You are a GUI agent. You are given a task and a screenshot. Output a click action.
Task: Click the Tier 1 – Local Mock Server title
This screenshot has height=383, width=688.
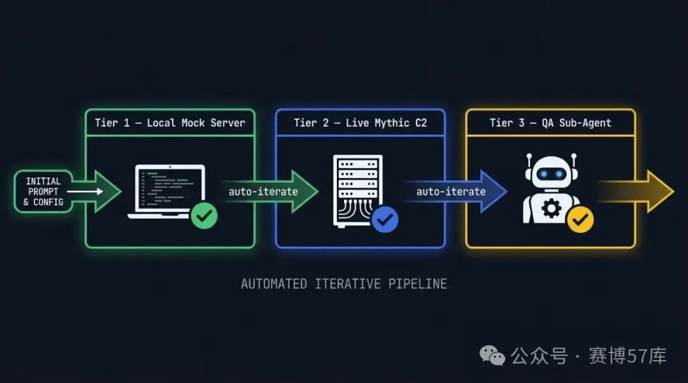tap(170, 123)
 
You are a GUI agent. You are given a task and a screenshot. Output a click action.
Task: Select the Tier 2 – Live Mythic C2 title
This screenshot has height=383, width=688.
tap(360, 123)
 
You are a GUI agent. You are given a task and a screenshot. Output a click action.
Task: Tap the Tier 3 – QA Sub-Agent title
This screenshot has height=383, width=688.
tap(550, 123)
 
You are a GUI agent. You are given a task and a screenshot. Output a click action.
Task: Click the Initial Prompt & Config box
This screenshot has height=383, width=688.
tap(43, 191)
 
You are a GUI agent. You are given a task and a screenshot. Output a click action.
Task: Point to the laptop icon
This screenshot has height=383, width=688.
tap(167, 191)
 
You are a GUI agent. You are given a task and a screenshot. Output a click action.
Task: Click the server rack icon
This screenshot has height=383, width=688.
tap(357, 191)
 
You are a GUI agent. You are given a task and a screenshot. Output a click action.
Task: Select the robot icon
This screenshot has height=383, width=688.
tap(551, 188)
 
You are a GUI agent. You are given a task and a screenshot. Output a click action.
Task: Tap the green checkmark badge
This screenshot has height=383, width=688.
tap(204, 216)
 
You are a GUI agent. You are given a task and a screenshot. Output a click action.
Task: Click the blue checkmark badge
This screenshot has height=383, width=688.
tap(385, 219)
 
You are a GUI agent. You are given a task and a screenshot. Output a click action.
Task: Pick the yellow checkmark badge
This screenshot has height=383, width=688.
tap(580, 219)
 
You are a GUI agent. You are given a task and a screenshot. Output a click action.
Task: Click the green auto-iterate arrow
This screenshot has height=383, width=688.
tap(270, 191)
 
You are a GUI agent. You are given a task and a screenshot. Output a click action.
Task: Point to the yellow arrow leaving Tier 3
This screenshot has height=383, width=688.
tap(636, 191)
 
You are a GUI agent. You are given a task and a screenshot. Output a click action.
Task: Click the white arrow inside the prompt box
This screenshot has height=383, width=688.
tap(85, 191)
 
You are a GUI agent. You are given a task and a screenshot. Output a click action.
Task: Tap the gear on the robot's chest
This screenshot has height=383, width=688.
tap(551, 209)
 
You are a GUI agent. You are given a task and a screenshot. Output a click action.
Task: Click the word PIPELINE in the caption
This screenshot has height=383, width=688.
tap(417, 284)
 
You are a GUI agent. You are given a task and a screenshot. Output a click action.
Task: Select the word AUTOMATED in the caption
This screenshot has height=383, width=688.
tap(274, 284)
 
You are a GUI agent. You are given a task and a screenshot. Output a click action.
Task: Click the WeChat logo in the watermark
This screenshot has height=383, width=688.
tap(492, 355)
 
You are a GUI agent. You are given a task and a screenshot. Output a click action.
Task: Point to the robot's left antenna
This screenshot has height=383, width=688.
tap(529, 161)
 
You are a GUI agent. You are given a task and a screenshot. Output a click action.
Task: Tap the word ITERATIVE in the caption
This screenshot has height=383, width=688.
tap(348, 284)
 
